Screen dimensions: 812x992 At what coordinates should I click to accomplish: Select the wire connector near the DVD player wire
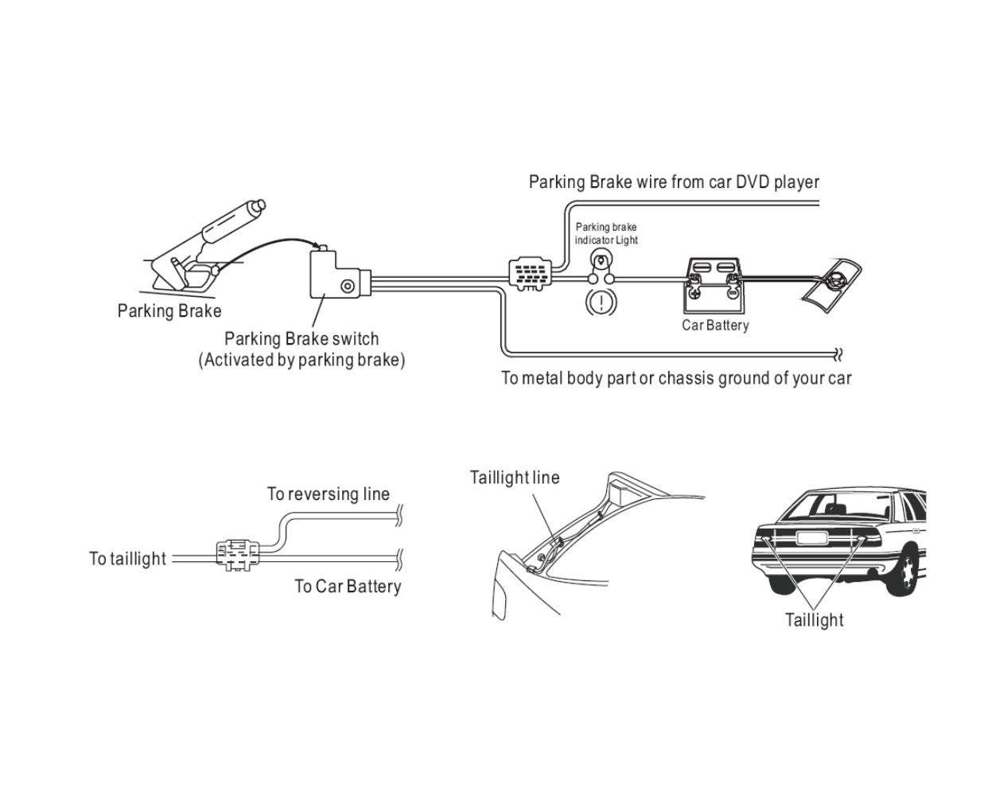coord(530,275)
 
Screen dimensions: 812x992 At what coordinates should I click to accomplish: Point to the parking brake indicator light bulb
coord(601,260)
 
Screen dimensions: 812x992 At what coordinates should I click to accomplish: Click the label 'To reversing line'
coord(329,494)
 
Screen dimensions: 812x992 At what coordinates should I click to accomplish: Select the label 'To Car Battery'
coord(348,587)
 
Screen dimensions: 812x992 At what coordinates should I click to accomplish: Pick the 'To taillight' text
coord(128,559)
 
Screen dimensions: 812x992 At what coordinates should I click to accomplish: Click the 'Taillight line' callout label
coord(515,478)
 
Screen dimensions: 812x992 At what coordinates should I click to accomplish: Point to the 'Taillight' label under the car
coord(814,620)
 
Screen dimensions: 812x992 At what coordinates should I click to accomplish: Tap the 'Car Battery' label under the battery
coord(715,325)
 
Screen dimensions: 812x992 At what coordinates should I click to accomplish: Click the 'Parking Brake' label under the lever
coord(169,311)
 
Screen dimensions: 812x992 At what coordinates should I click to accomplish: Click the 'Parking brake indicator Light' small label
coord(606,234)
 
